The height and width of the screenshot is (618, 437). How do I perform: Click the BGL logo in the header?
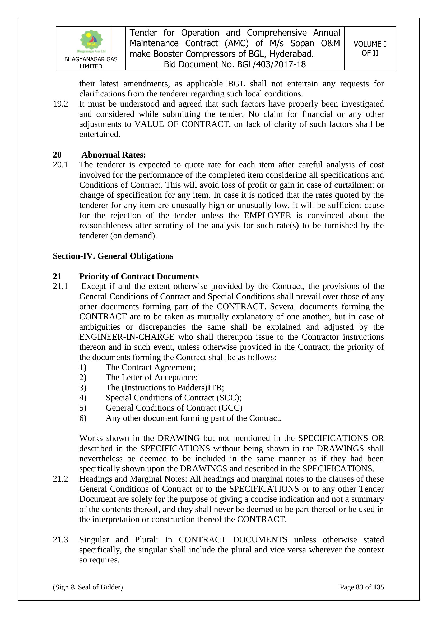91,41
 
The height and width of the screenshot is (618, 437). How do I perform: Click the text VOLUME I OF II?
370,48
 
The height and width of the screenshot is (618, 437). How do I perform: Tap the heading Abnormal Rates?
114,155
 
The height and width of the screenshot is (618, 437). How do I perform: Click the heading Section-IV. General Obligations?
113,256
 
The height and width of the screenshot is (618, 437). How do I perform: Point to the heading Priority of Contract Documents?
139,276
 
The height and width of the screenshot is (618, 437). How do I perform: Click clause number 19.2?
60,104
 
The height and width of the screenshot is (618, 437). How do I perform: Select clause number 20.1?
60,165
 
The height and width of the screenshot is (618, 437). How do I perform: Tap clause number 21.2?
60,479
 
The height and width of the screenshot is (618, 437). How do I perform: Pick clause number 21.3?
60,540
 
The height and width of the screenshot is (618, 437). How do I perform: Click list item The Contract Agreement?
150,367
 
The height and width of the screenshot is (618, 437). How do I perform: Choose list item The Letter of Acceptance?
151,377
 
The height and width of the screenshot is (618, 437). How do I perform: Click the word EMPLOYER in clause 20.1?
267,215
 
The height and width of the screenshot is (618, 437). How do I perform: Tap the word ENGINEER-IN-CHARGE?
127,337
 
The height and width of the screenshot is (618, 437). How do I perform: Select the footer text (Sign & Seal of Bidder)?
88,587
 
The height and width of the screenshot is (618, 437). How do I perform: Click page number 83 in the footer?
360,587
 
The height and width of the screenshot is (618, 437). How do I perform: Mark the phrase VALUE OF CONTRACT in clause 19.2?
182,124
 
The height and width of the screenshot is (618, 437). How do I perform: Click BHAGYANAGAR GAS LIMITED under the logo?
91,63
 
